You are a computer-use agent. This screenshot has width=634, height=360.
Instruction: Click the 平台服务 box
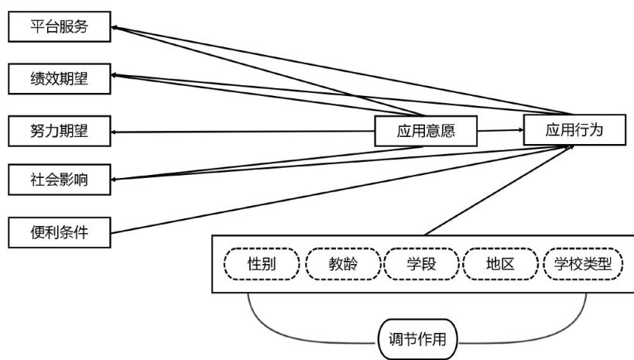(x=59, y=28)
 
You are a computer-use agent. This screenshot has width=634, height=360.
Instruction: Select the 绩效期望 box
(x=59, y=79)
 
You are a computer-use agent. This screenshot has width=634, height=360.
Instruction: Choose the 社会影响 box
(x=59, y=180)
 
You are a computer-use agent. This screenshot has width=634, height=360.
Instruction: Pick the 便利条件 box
(x=59, y=231)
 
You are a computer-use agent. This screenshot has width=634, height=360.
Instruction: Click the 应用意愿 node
(x=425, y=132)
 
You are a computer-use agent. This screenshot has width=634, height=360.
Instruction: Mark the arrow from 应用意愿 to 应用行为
(x=499, y=131)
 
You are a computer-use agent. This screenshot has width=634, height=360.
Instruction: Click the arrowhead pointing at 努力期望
(x=115, y=132)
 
